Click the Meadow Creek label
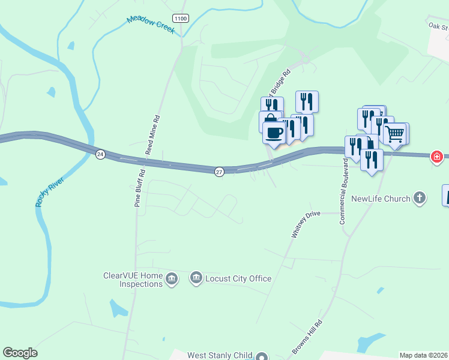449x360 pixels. pyautogui.click(x=151, y=25)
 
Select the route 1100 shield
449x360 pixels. pyautogui.click(x=180, y=19)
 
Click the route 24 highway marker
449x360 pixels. pyautogui.click(x=100, y=154)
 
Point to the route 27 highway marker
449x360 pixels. pyautogui.click(x=219, y=172)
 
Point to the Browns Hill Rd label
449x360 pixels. pyautogui.click(x=308, y=337)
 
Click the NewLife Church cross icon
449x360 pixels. pyautogui.click(x=420, y=198)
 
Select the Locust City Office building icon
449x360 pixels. pyautogui.click(x=196, y=278)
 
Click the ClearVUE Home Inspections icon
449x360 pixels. pyautogui.click(x=172, y=279)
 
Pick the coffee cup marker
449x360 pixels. pyautogui.click(x=274, y=133)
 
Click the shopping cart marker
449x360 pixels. pyautogui.click(x=395, y=134)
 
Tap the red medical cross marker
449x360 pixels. pyautogui.click(x=437, y=157)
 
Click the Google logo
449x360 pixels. pyautogui.click(x=20, y=353)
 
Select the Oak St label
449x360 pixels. pyautogui.click(x=439, y=26)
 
